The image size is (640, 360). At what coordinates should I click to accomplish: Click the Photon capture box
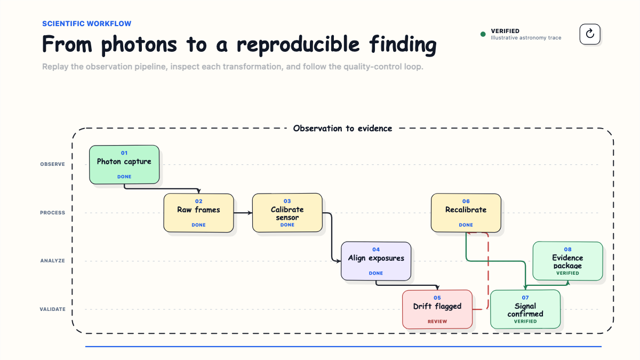(x=124, y=165)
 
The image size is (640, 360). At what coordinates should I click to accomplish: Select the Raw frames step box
(x=198, y=213)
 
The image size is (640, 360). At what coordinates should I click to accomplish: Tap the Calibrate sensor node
(x=287, y=213)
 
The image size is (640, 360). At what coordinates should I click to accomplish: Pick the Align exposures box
(x=376, y=261)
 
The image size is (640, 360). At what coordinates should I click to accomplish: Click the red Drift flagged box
(x=437, y=309)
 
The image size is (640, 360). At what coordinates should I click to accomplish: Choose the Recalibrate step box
(x=466, y=213)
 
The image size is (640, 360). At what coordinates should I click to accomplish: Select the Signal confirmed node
(x=525, y=309)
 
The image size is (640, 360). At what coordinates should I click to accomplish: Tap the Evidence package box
(x=567, y=261)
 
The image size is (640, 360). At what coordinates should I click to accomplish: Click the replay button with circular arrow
(x=590, y=34)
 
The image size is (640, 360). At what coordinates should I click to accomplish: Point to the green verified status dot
(x=483, y=34)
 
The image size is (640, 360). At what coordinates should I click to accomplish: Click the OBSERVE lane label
(x=53, y=164)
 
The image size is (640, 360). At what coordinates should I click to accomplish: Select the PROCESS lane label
(x=53, y=213)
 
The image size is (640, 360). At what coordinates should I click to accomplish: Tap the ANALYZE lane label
(x=53, y=261)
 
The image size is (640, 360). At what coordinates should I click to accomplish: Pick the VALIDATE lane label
(x=53, y=309)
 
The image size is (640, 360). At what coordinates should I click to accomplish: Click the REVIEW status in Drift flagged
(x=437, y=322)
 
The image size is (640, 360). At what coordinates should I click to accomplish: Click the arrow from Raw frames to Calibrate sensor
(x=243, y=213)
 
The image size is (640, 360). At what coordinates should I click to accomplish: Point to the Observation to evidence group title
(x=342, y=129)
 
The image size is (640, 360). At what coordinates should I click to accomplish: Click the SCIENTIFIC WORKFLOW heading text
(x=87, y=23)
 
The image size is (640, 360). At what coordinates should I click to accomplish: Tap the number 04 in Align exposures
(x=376, y=250)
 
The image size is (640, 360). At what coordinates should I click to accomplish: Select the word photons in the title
(x=139, y=45)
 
